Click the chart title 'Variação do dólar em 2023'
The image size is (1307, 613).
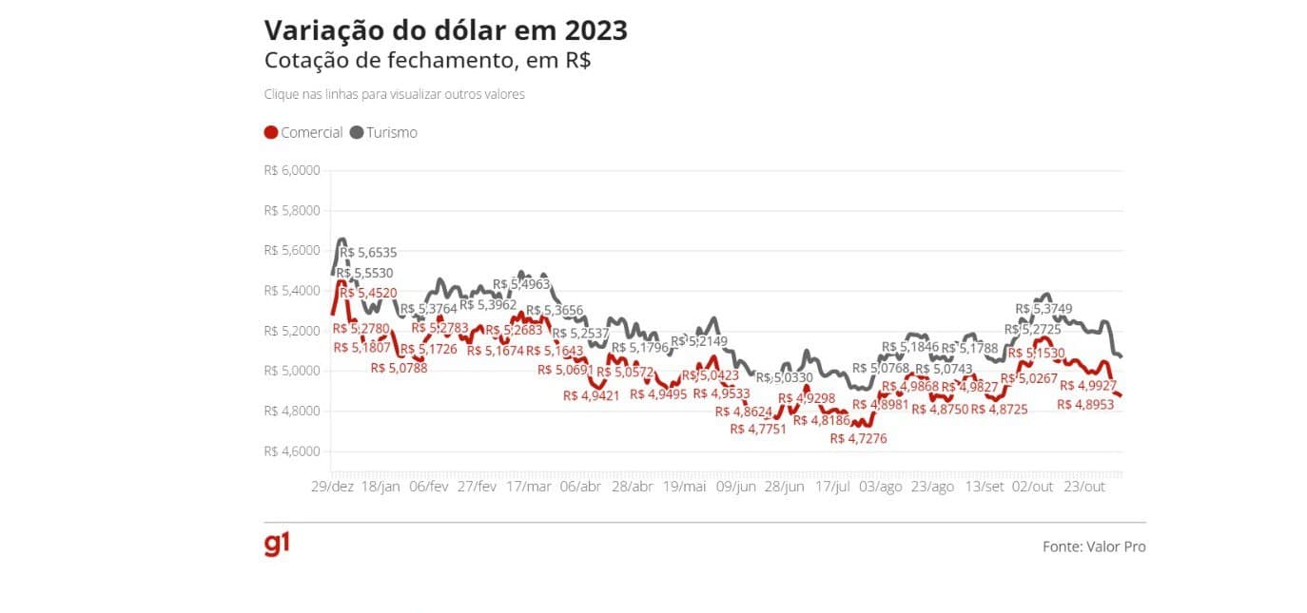coord(445,30)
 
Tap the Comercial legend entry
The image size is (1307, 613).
coord(303,133)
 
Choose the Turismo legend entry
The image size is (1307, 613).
coord(383,133)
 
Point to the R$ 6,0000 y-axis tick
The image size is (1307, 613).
coord(292,171)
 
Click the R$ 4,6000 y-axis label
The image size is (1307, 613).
coord(292,451)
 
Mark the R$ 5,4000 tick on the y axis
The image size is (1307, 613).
coord(292,291)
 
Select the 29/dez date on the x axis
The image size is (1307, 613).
coord(332,487)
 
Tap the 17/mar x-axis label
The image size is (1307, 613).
coord(528,487)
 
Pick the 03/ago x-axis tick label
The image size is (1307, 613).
coord(880,487)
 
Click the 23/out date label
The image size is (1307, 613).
coord(1083,487)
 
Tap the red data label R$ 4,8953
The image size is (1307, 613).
coord(1087,404)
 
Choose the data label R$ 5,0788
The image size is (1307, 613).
coord(399,368)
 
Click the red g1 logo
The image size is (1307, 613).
coord(277,545)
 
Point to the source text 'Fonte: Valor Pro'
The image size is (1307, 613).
coord(1094,546)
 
